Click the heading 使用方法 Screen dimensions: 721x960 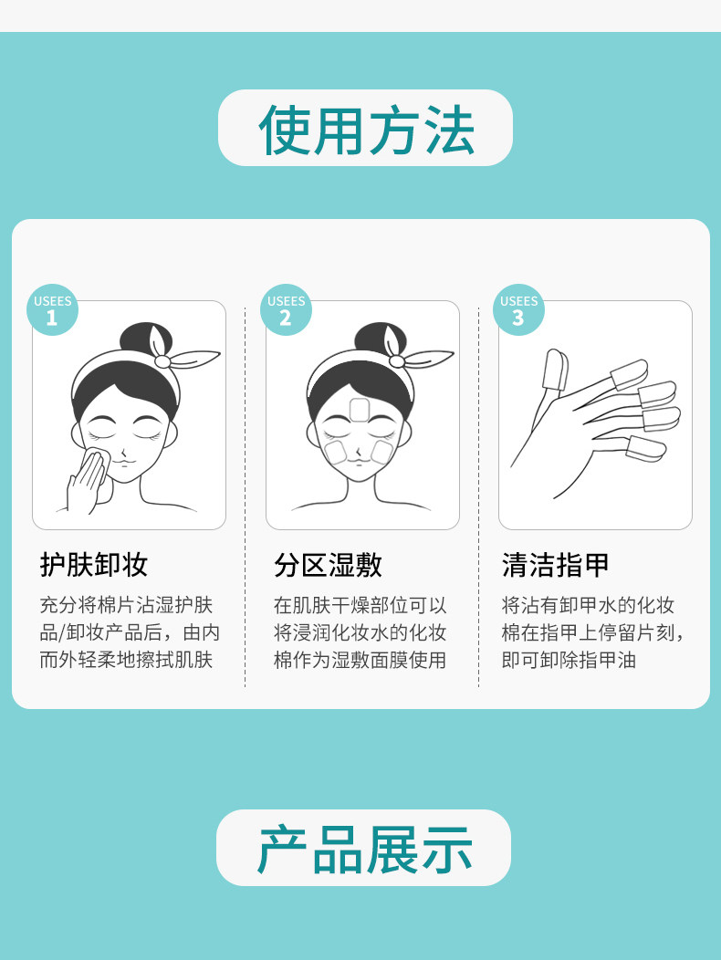click(366, 130)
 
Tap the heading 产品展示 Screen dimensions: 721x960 click(365, 849)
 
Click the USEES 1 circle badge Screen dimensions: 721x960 click(53, 309)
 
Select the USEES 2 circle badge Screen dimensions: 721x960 click(286, 309)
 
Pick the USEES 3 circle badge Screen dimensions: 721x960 click(519, 309)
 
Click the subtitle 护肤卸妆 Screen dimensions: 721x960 click(94, 565)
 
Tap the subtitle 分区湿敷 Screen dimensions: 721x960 click(328, 565)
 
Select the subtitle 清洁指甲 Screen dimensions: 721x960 click(556, 565)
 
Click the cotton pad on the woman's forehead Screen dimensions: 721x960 click(359, 409)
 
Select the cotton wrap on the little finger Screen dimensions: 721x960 click(645, 449)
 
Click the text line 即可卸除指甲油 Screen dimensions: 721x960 click(569, 660)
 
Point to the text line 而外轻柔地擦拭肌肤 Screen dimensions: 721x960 click(126, 660)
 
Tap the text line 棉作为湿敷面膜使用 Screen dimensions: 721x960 click(360, 660)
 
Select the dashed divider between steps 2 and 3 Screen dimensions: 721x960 click(478, 496)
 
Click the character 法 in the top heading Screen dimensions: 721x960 click(450, 130)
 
